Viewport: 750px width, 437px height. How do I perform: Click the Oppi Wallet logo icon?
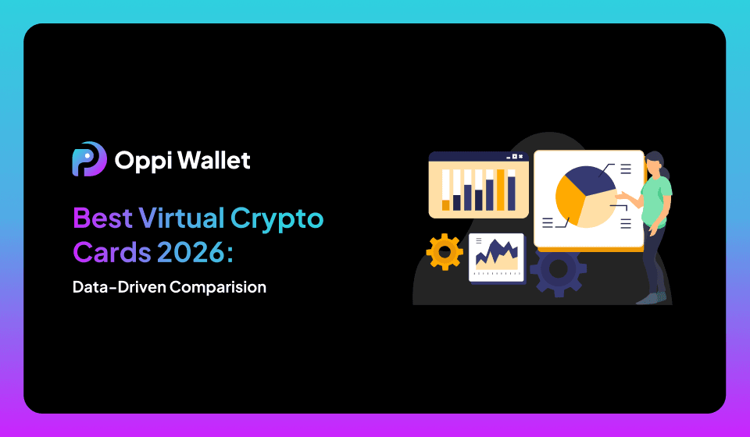point(88,160)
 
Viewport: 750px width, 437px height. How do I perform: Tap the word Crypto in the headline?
point(277,218)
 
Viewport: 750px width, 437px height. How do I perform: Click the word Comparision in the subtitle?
point(218,287)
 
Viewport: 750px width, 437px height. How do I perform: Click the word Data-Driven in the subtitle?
point(119,287)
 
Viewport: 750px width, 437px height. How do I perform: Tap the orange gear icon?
point(445,252)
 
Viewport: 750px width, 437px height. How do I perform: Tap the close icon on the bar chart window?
point(520,157)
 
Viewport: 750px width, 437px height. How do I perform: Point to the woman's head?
point(655,164)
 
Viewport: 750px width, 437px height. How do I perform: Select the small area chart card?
point(496,257)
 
